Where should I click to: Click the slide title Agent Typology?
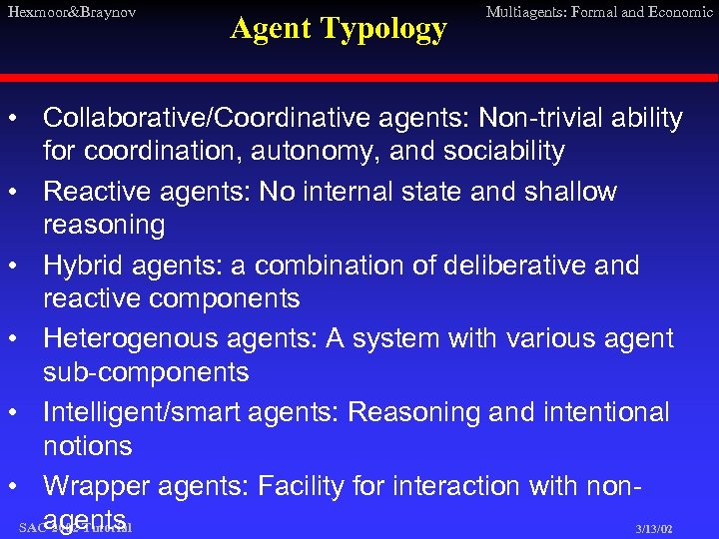[339, 29]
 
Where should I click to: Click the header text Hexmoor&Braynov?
[70, 12]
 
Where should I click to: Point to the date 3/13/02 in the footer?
[653, 529]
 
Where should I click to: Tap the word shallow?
[568, 192]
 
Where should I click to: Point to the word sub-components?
[145, 373]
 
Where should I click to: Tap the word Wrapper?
[96, 486]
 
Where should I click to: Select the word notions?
[87, 446]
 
